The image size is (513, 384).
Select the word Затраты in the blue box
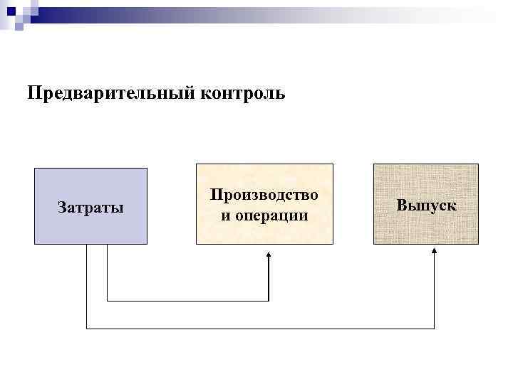pos(90,208)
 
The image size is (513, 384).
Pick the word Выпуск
pos(426,205)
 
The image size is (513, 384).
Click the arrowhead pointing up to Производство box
pos(269,255)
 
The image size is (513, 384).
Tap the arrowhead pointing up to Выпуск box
pos(435,255)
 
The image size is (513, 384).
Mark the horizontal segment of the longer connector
pos(260,329)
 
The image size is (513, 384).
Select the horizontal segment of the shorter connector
pos(187,301)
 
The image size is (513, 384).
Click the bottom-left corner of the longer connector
pos(86,329)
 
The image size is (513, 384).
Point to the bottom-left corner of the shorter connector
pos(107,301)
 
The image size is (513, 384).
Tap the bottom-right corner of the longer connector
pos(435,329)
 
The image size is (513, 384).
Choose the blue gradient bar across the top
pos(285,11)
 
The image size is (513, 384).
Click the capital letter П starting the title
pos(33,94)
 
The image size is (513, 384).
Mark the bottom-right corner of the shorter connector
pos(269,301)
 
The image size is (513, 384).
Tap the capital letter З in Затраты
pos(61,208)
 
